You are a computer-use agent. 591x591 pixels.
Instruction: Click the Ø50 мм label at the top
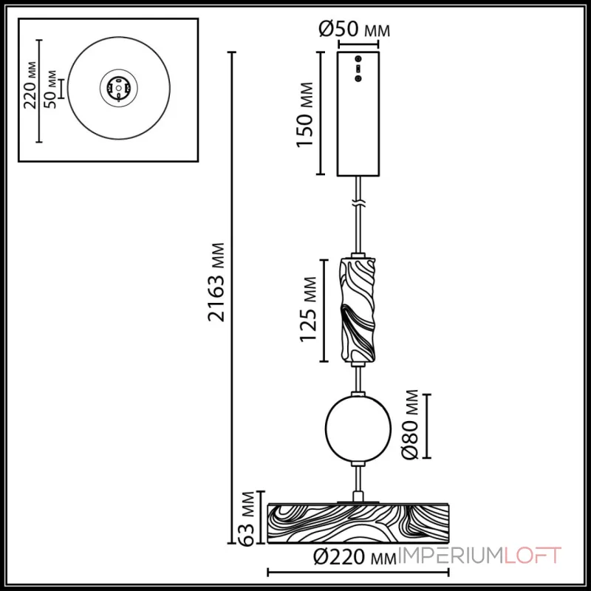pyautogui.click(x=354, y=30)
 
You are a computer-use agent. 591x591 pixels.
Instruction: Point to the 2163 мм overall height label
pyautogui.click(x=216, y=282)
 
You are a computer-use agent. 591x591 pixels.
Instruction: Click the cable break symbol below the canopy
pyautogui.click(x=358, y=202)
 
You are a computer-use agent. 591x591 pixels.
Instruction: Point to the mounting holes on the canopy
pyautogui.click(x=358, y=68)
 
